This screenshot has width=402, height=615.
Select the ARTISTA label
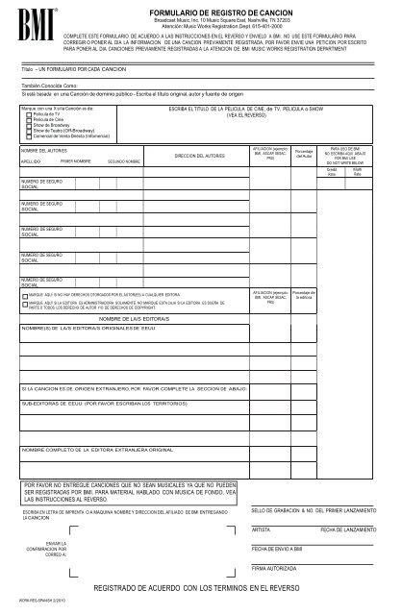coord(261,529)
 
